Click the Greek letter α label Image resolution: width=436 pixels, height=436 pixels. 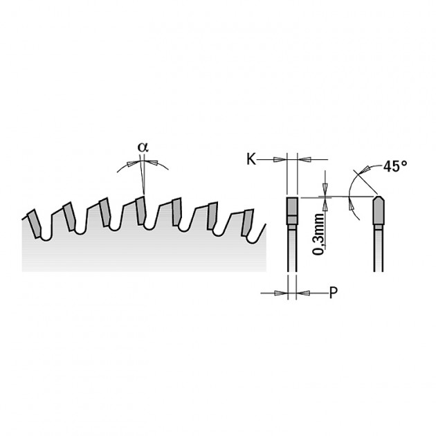coord(143,147)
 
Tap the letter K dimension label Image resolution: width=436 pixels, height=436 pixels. coord(251,159)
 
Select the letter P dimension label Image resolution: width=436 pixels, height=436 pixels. coord(333,293)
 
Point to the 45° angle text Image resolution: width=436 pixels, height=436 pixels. coord(395,166)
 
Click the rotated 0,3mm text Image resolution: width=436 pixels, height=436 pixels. coord(318,235)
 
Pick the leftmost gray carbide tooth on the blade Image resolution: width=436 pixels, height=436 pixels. coord(35,224)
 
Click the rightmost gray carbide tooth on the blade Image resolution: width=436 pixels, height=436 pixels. coord(247,222)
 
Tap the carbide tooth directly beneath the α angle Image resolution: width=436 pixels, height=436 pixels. coord(140,210)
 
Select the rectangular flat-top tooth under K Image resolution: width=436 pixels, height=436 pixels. coord(292,211)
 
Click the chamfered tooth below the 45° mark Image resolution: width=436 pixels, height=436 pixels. coord(379,210)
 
